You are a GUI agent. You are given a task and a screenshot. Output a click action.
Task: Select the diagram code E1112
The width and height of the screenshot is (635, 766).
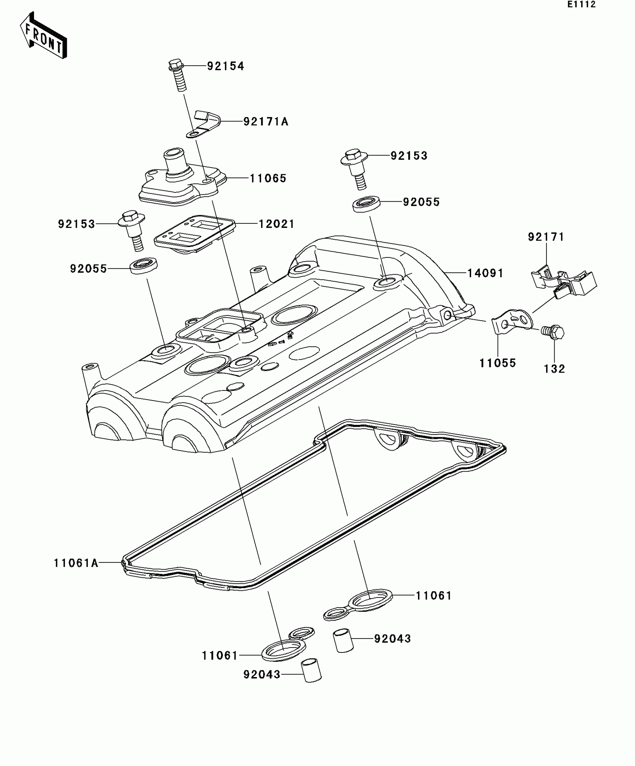(x=582, y=4)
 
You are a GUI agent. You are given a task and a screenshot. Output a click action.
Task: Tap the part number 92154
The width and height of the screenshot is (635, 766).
(x=225, y=66)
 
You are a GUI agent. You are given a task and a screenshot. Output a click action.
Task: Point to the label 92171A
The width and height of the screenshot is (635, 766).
(x=266, y=121)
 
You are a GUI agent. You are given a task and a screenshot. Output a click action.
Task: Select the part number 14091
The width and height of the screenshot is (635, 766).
(x=485, y=273)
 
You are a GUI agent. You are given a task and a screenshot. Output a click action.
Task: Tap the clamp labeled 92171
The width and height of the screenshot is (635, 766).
(x=564, y=282)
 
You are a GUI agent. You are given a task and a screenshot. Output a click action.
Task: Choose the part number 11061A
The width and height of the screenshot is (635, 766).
(x=76, y=563)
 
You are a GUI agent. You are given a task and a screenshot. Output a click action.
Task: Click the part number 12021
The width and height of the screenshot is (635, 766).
(x=276, y=224)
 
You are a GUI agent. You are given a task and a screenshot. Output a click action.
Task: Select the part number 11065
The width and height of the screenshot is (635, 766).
(x=268, y=178)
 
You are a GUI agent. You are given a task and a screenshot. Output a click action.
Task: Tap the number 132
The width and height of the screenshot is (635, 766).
(x=554, y=369)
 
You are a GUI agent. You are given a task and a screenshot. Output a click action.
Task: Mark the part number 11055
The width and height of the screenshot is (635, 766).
(x=498, y=363)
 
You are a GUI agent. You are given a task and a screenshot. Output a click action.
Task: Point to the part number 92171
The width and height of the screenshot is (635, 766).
(x=546, y=237)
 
